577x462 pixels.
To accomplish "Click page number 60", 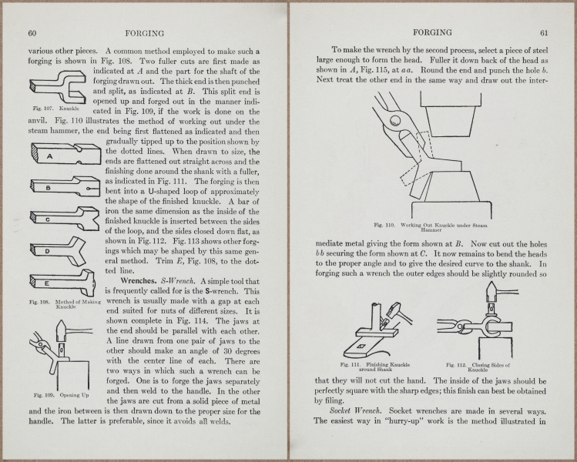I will point(33,33).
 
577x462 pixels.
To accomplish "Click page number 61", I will point(543,33).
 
